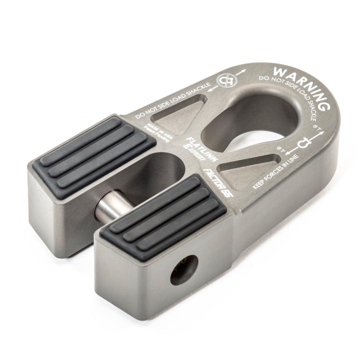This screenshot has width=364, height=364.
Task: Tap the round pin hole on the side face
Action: point(184,270)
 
